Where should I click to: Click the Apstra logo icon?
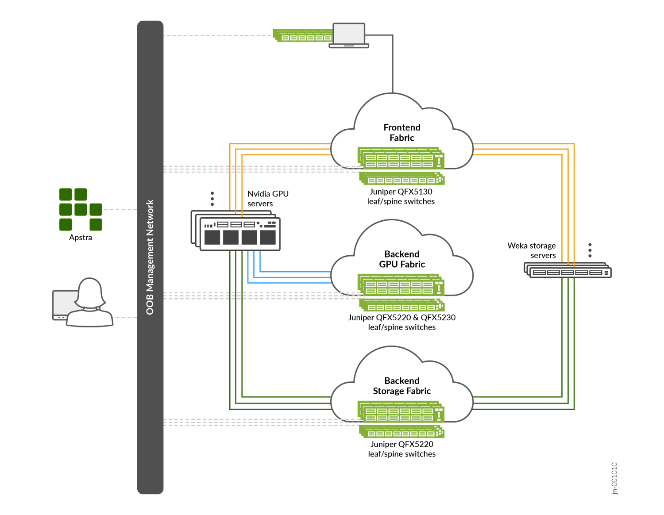click(81, 209)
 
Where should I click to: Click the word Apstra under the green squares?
click(81, 238)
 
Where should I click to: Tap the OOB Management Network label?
click(150, 257)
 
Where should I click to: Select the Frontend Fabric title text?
click(402, 133)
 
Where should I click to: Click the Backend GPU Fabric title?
click(402, 259)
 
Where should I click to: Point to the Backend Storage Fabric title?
click(402, 386)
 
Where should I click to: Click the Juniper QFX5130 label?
click(401, 192)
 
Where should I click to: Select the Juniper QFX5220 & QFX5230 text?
click(402, 318)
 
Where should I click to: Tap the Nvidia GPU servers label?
click(268, 199)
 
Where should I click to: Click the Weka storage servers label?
click(532, 250)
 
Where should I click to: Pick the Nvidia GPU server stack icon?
click(236, 231)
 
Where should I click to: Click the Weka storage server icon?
click(568, 270)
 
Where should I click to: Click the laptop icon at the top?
click(349, 35)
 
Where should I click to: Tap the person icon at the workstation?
click(90, 303)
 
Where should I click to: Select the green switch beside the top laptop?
click(303, 36)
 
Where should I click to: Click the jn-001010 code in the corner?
click(614, 478)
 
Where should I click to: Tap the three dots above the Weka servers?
click(590, 250)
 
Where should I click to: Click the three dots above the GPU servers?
click(212, 199)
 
